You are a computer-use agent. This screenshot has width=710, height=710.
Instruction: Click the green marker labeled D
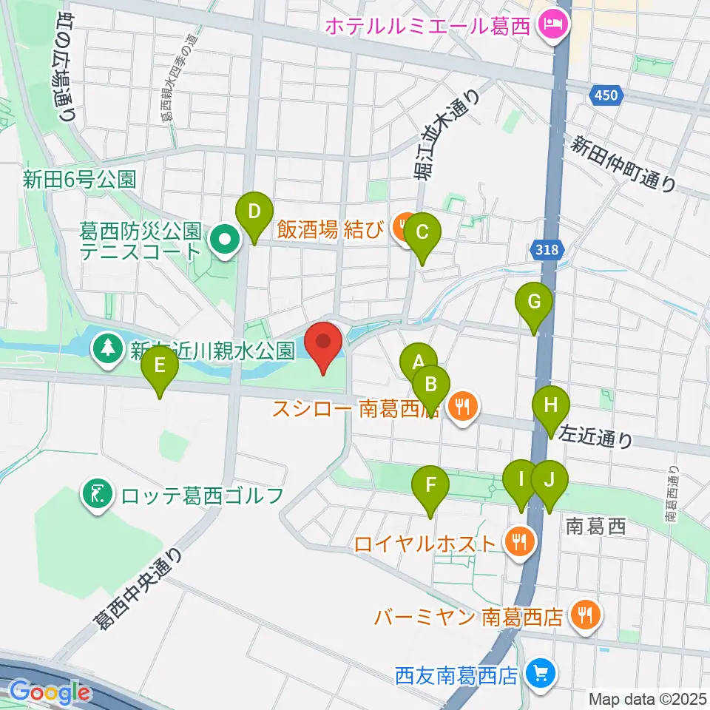254,213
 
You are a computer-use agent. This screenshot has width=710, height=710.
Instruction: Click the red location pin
323,343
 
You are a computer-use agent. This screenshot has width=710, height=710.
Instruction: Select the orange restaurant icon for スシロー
463,406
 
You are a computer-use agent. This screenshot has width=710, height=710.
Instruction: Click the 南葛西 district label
595,527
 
